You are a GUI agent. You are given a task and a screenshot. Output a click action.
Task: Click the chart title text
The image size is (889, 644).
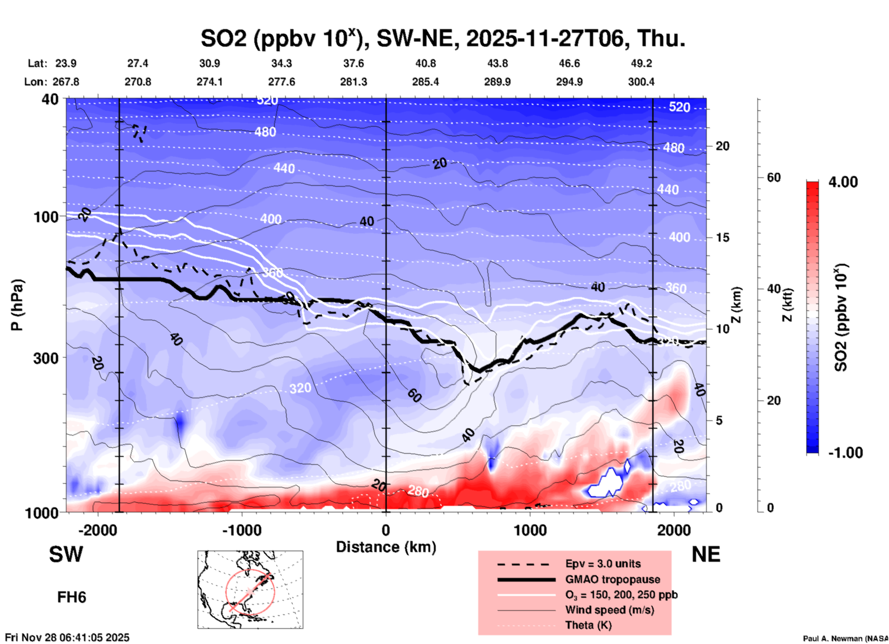point(443,38)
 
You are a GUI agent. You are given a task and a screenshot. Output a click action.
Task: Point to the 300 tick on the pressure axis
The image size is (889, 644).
point(46,358)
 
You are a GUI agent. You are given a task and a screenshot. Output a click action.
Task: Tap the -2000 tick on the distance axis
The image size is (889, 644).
point(97,530)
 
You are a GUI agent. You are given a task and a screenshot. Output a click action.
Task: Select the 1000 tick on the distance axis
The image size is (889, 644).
point(530,530)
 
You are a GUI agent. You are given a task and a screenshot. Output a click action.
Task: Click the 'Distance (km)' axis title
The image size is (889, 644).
point(386,547)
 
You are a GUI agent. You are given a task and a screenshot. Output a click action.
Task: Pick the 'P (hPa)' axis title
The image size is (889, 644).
point(17,305)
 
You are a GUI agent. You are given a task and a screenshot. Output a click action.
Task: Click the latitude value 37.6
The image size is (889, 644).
point(354,63)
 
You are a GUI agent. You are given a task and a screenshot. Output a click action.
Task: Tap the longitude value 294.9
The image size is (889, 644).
point(569,82)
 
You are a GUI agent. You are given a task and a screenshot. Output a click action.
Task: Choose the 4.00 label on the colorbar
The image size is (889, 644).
point(843,182)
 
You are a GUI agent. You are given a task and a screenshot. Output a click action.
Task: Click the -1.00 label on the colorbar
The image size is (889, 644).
point(845,453)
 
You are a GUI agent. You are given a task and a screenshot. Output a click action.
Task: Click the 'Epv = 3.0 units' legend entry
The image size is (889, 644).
point(603,564)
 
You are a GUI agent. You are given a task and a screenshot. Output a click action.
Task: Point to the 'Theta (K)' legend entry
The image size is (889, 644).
point(588,625)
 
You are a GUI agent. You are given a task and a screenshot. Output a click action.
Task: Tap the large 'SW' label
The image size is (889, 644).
point(66,554)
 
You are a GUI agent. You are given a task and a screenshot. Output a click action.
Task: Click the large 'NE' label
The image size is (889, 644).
point(706,554)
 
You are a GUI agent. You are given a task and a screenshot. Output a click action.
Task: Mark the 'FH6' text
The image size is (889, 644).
point(72,597)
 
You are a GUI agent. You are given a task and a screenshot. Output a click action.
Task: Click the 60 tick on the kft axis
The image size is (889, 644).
point(774,177)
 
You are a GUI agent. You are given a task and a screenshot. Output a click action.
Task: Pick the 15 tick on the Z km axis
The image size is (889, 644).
point(722,237)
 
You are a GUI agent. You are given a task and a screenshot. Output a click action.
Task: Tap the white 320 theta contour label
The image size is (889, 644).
point(300,388)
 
